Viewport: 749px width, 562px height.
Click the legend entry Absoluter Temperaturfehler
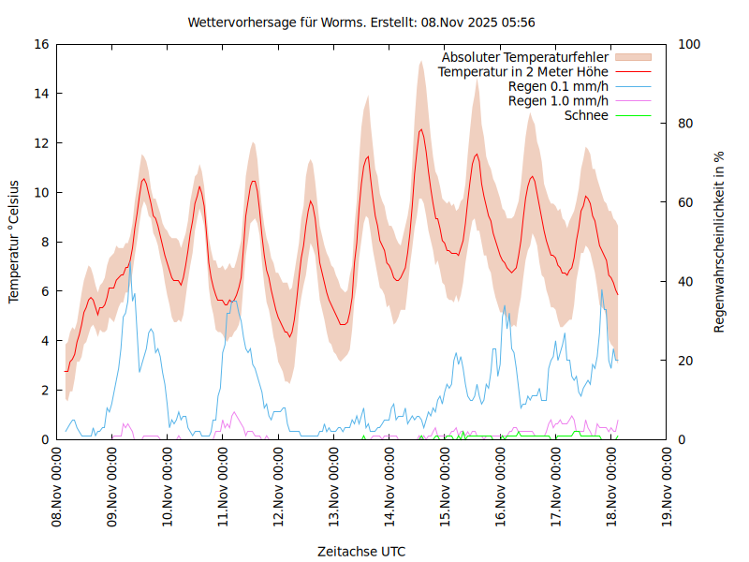point(524,57)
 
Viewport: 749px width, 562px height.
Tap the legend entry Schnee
point(586,115)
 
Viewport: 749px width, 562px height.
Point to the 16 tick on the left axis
point(40,44)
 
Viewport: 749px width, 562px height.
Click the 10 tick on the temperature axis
point(40,192)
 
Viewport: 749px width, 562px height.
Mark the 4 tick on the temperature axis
point(44,341)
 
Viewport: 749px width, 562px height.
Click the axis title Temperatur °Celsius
point(14,242)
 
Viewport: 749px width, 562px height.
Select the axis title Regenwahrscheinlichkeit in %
point(720,242)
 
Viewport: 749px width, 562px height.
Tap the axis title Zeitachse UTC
point(361,551)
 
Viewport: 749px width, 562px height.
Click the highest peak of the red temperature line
point(421,129)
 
